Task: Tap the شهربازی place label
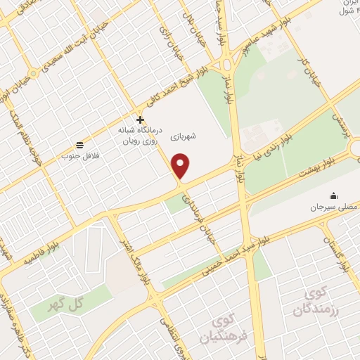click(201, 136)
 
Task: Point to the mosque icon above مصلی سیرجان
click(333, 196)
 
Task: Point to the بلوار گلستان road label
click(336, 253)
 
